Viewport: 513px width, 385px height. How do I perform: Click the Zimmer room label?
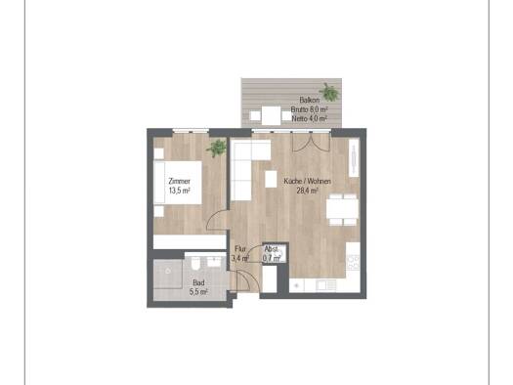point(179,181)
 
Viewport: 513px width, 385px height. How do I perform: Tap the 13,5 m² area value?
point(180,191)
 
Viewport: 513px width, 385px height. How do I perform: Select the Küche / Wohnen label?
point(307,181)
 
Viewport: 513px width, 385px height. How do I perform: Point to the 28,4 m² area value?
point(307,191)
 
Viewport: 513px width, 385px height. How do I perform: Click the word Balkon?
point(309,100)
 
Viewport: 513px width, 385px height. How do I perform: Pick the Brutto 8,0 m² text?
point(309,109)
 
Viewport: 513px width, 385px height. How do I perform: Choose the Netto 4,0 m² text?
point(309,118)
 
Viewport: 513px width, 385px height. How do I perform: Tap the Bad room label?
point(198,282)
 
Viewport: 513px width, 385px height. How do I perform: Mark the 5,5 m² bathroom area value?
point(198,292)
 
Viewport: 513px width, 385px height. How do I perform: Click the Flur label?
point(240,249)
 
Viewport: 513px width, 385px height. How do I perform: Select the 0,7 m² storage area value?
point(272,258)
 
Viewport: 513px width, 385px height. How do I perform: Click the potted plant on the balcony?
point(329,92)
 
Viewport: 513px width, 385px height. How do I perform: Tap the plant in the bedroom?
point(217,149)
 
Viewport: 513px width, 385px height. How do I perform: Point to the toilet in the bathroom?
point(196,264)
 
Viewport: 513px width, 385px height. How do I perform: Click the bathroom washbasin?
point(214,262)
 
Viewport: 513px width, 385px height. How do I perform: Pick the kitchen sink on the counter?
point(326,285)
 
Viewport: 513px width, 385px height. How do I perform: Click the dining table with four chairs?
point(343,209)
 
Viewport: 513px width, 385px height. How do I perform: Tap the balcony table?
point(271,115)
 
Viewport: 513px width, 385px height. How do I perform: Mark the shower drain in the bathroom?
point(168,272)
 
